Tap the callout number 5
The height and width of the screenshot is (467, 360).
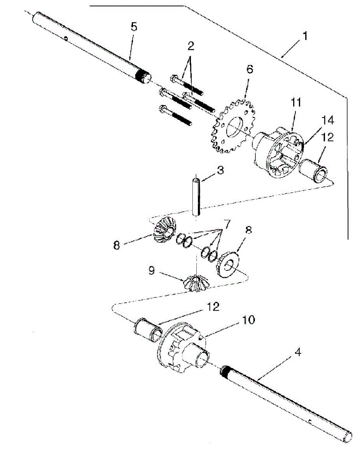(134, 27)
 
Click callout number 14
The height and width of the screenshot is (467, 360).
(329, 120)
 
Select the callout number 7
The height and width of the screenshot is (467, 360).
(227, 224)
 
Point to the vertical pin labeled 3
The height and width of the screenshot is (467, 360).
(196, 197)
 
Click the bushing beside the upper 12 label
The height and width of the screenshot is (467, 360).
(315, 171)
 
